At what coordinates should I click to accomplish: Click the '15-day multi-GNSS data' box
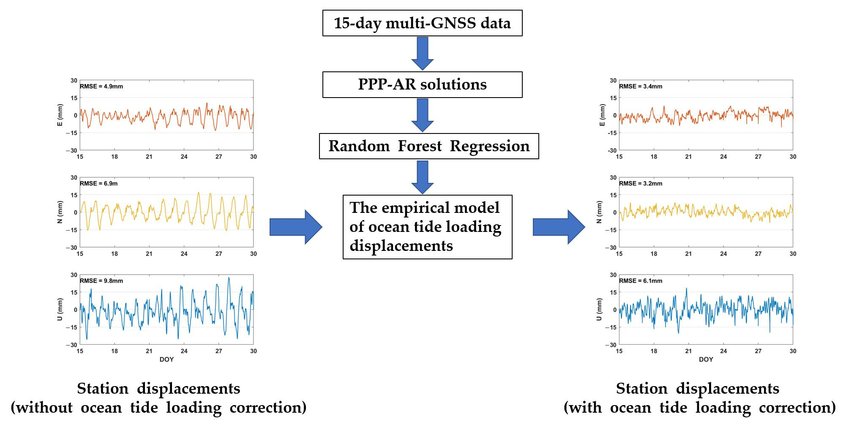coord(422,23)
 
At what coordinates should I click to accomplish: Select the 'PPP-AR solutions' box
coord(422,84)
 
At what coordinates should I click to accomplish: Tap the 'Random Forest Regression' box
coord(429,146)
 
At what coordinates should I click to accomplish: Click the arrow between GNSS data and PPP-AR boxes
coord(423,53)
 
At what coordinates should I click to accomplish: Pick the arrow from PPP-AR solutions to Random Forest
coord(423,115)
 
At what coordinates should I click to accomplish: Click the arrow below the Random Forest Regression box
coord(423,177)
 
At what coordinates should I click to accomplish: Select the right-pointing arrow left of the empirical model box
coord(296,227)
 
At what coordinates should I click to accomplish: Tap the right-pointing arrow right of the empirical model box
coord(559,227)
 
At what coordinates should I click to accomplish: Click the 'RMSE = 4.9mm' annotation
coord(101,87)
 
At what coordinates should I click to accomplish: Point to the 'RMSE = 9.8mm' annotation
coord(101,281)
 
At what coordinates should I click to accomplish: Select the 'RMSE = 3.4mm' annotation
coord(641,87)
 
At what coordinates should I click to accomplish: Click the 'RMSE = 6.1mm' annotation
coord(641,281)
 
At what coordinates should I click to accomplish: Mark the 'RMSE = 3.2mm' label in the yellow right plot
coord(641,184)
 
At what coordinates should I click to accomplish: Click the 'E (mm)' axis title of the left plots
coord(60,115)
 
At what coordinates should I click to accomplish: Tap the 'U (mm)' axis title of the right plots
coord(599,310)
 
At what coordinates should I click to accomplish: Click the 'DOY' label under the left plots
coord(166,359)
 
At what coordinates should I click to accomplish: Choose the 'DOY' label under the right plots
coord(706,359)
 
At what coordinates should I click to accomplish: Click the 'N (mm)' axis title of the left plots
coord(60,212)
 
